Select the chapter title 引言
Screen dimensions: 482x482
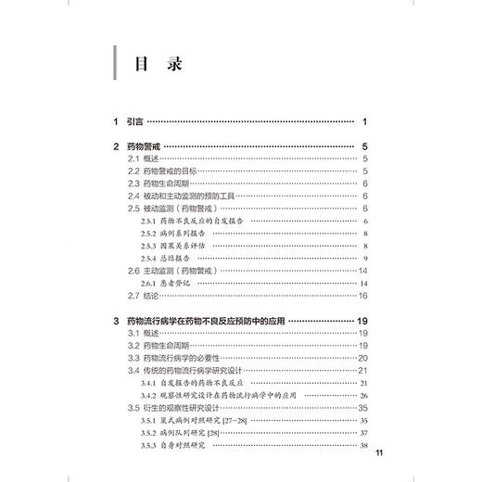click(x=135, y=122)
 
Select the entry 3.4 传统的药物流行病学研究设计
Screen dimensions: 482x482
click(x=199, y=369)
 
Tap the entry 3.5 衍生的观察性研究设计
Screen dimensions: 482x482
click(x=194, y=406)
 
